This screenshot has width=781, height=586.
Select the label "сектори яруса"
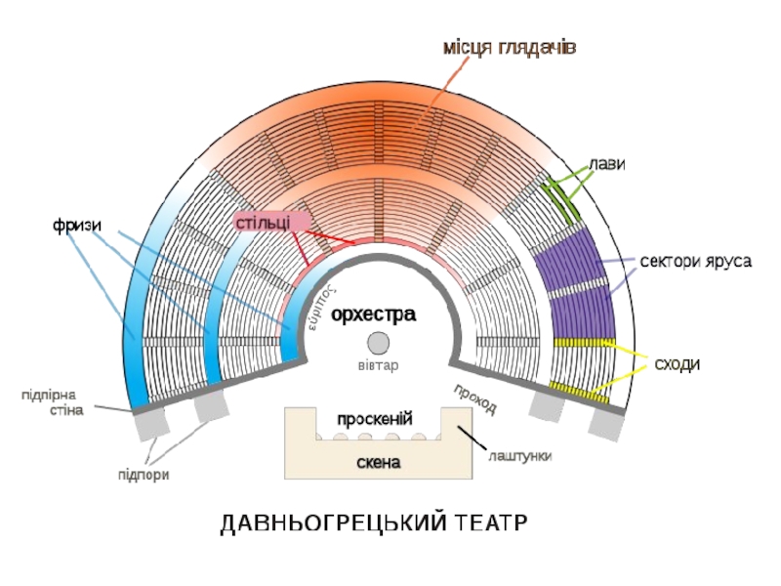click(695, 263)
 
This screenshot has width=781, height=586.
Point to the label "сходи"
click(678, 364)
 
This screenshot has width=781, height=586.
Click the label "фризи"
click(77, 226)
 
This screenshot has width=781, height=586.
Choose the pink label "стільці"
click(263, 222)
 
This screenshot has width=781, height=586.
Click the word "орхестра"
click(373, 314)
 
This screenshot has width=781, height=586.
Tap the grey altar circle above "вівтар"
click(377, 343)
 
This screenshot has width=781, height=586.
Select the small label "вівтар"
click(377, 365)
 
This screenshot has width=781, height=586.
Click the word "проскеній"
click(375, 419)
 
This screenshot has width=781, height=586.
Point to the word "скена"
click(377, 462)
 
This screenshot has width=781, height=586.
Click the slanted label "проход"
click(475, 398)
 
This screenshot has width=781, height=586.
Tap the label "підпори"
click(144, 475)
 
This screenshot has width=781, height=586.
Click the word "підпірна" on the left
click(53, 396)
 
